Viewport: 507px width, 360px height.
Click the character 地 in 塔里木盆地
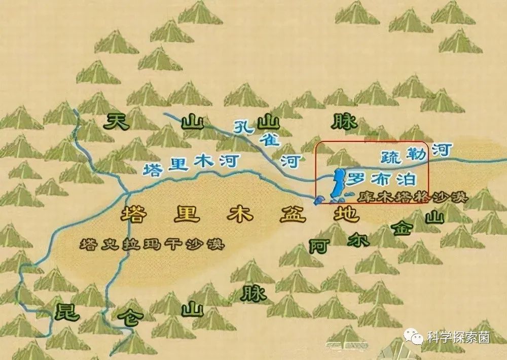tap(346, 214)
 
